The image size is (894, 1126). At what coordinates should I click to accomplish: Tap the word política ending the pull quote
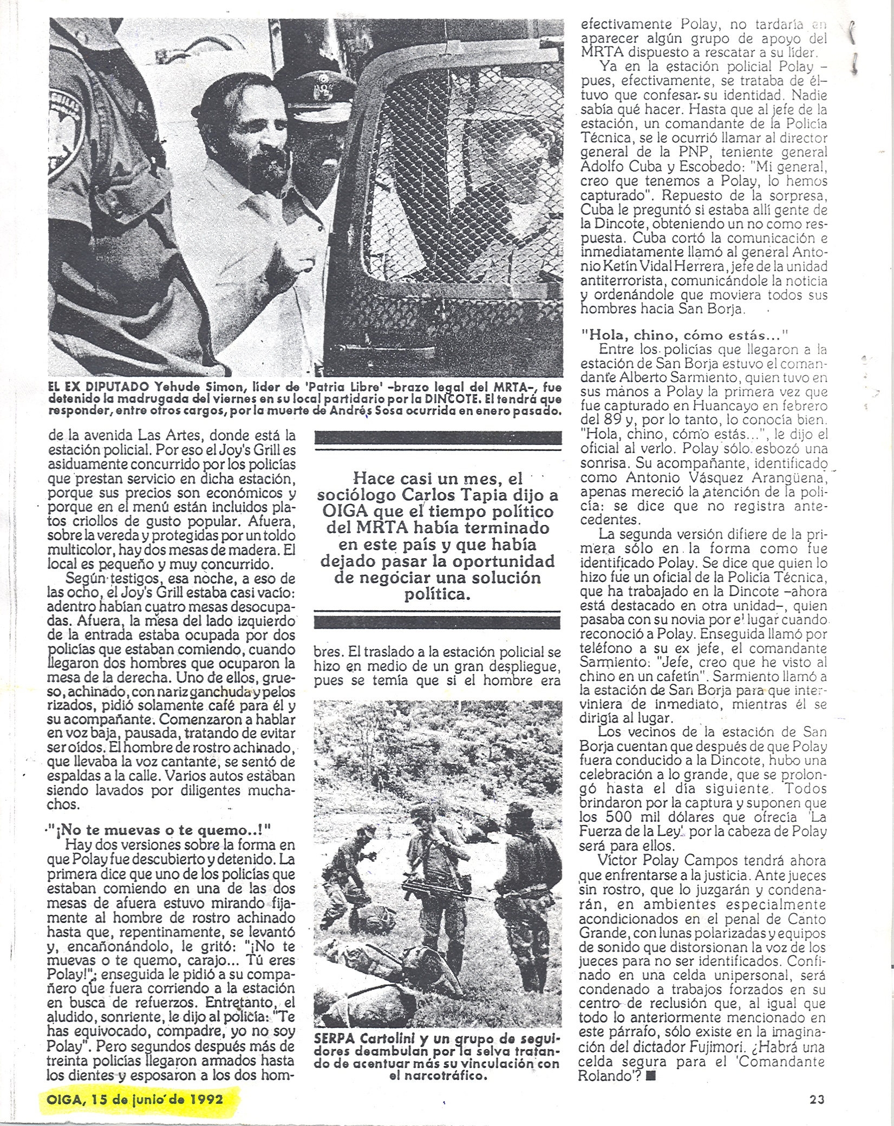437,594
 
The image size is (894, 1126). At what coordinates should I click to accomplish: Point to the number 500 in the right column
606,817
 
